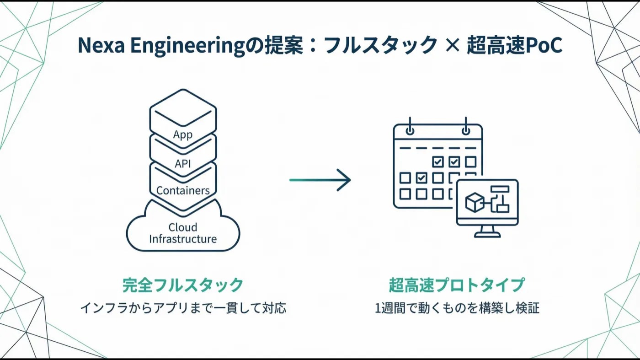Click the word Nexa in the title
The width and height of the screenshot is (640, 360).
tap(101, 45)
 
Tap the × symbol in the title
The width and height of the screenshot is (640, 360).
tap(452, 45)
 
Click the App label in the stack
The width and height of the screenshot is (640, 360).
tap(183, 134)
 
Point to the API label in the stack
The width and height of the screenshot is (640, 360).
tap(183, 164)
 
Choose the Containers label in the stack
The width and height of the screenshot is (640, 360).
tap(183, 190)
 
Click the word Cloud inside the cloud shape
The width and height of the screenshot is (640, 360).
tap(183, 227)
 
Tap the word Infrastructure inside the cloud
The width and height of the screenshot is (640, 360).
tap(183, 239)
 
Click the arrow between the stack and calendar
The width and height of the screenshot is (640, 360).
tap(320, 180)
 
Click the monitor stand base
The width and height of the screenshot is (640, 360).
tap(487, 235)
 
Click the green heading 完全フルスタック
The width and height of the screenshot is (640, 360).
tap(183, 285)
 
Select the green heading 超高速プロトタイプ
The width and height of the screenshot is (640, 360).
tap(457, 285)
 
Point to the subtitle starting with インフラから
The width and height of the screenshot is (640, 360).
tap(183, 308)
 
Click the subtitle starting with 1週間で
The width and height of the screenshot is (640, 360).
tap(457, 308)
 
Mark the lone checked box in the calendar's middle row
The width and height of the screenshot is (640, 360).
tap(421, 178)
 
